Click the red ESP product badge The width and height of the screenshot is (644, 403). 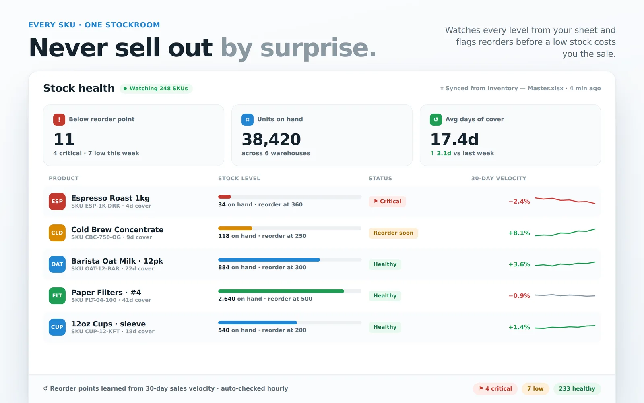pyautogui.click(x=57, y=201)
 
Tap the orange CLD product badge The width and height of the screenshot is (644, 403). pyautogui.click(x=57, y=233)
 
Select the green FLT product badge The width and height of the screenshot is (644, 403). pyautogui.click(x=57, y=296)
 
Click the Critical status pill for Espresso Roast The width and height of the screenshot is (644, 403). pyautogui.click(x=387, y=201)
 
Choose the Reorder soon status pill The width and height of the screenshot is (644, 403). pyautogui.click(x=393, y=233)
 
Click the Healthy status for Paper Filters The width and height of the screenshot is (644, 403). pyautogui.click(x=385, y=296)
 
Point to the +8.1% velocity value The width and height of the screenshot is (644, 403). pyautogui.click(x=519, y=233)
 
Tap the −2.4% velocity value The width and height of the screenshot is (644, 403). pyautogui.click(x=519, y=201)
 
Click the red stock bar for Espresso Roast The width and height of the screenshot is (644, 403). pyautogui.click(x=224, y=197)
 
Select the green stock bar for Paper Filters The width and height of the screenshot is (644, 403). pyautogui.click(x=281, y=291)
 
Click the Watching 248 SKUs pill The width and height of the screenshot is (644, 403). pyautogui.click(x=156, y=88)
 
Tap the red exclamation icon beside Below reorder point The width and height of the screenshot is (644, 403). pyautogui.click(x=59, y=119)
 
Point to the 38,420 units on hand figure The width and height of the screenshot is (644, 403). pyautogui.click(x=271, y=139)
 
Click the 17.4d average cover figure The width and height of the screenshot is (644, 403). pyautogui.click(x=454, y=139)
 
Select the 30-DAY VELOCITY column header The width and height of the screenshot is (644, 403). pyautogui.click(x=499, y=178)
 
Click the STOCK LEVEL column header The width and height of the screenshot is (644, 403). pyautogui.click(x=239, y=178)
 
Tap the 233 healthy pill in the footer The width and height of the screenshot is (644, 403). pyautogui.click(x=577, y=388)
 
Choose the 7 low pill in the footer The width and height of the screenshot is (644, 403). pyautogui.click(x=535, y=388)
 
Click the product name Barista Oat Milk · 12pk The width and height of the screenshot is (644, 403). pyautogui.click(x=117, y=261)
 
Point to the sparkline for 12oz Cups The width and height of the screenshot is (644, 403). pyautogui.click(x=565, y=327)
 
